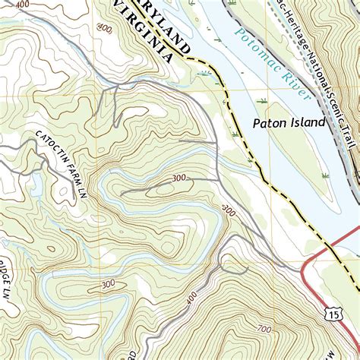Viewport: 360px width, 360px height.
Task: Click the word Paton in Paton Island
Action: [x=269, y=122]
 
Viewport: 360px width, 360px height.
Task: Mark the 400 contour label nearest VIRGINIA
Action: [x=105, y=29]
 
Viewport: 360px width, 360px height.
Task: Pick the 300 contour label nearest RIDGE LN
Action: [x=109, y=284]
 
